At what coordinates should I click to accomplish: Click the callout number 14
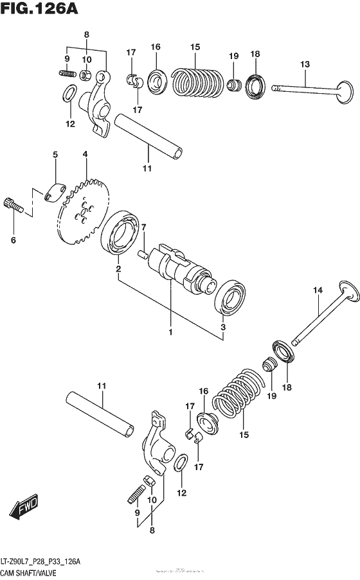point(318,291)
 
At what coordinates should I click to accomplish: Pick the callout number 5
point(55,155)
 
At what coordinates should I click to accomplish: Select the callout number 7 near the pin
point(144,227)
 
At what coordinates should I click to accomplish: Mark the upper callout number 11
point(147,168)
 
